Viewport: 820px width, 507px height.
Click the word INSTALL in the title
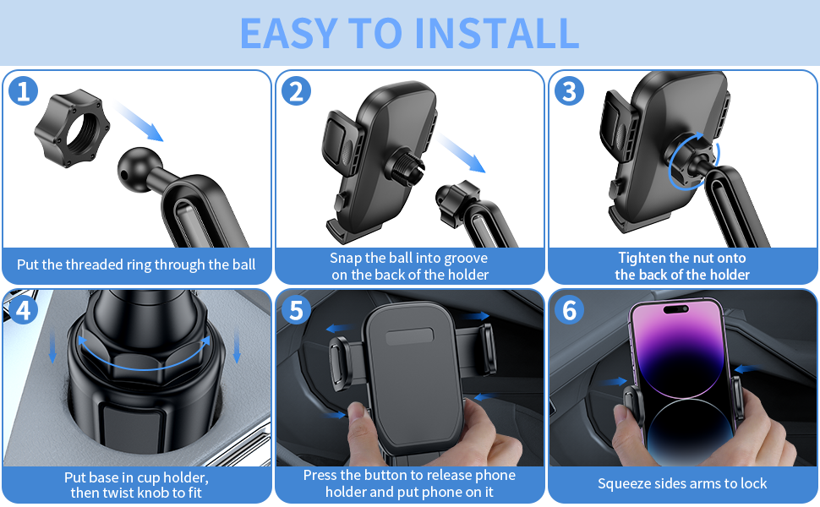[497, 34]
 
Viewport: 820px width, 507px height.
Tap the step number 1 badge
[23, 91]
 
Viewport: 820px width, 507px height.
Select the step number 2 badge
[296, 91]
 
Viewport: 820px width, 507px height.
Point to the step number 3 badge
[569, 91]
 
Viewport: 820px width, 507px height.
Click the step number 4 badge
[23, 310]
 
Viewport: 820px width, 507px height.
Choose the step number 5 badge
[296, 310]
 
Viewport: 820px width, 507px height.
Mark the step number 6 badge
[569, 310]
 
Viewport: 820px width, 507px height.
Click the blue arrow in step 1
[139, 122]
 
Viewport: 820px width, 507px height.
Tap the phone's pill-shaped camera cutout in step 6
[675, 309]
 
